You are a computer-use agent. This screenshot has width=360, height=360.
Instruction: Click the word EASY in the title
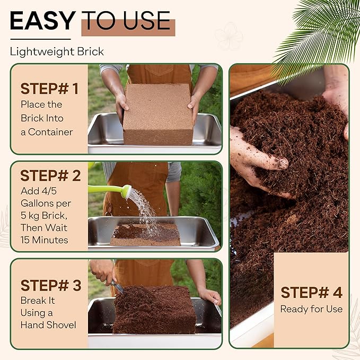42,21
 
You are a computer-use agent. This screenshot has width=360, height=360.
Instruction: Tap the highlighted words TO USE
128,21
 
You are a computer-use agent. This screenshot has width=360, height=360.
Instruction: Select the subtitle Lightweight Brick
57,52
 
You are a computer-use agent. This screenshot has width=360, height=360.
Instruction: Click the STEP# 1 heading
49,89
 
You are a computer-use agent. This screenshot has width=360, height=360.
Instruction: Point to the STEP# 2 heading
50,176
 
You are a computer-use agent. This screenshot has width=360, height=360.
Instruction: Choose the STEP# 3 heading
50,286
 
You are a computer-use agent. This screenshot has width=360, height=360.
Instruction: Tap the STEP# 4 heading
311,293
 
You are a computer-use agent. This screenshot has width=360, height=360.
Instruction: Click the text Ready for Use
311,309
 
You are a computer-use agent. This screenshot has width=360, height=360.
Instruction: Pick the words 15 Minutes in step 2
45,240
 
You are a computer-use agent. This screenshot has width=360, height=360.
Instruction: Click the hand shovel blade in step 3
117,288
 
